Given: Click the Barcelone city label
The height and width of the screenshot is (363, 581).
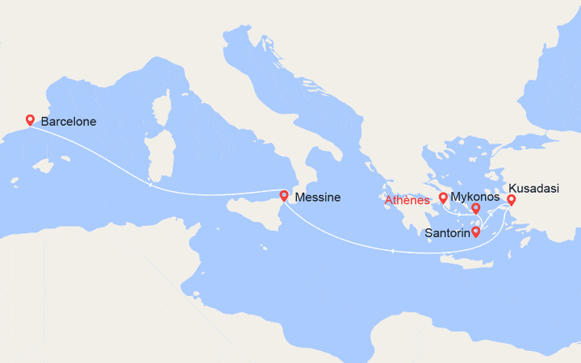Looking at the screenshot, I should click(69, 122).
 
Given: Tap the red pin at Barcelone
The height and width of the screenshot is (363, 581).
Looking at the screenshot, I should click(30, 119).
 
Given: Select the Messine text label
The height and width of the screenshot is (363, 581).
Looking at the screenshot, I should click(317, 198).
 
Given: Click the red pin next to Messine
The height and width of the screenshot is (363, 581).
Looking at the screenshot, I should click(284, 194).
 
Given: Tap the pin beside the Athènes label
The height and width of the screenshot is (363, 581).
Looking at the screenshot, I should click(443, 197).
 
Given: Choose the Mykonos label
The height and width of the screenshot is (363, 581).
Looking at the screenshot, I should click(475, 197).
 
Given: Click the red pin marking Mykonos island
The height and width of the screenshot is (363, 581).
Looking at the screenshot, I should click(476, 207).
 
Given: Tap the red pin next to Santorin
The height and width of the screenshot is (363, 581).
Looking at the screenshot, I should click(476, 232).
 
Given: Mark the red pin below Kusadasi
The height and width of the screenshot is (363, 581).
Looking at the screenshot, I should click(511, 199).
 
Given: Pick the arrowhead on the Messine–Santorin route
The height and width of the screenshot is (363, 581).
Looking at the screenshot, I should click(392, 252).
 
